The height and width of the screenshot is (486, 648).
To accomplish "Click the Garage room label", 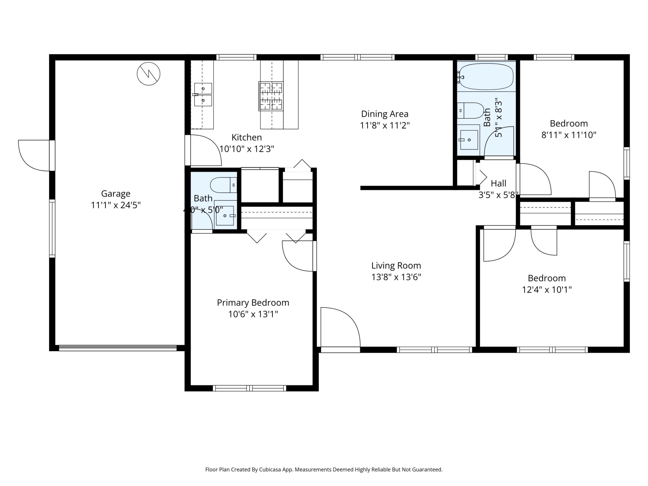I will click(x=116, y=194).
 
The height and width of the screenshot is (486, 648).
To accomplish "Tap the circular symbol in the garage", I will click(x=148, y=74).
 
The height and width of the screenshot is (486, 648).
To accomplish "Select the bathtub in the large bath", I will click(x=486, y=76).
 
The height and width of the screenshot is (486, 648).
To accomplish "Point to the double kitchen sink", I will click(x=203, y=94).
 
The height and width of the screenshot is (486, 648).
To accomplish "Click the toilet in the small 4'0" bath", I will click(x=223, y=185).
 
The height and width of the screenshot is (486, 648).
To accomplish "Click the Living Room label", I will click(x=396, y=265).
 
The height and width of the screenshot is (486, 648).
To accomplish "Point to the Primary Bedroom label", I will click(x=253, y=303).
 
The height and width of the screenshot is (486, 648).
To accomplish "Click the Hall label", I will click(x=498, y=183).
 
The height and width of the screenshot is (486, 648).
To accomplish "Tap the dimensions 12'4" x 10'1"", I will click(x=547, y=290).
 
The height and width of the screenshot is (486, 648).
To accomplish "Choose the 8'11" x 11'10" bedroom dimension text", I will click(x=569, y=135).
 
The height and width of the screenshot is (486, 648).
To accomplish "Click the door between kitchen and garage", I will click(x=205, y=150).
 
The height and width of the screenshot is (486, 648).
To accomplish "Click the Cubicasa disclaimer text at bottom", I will click(x=324, y=470).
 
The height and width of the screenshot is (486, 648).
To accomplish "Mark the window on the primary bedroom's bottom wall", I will click(x=249, y=388).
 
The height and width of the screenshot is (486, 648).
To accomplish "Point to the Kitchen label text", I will click(x=246, y=137).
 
